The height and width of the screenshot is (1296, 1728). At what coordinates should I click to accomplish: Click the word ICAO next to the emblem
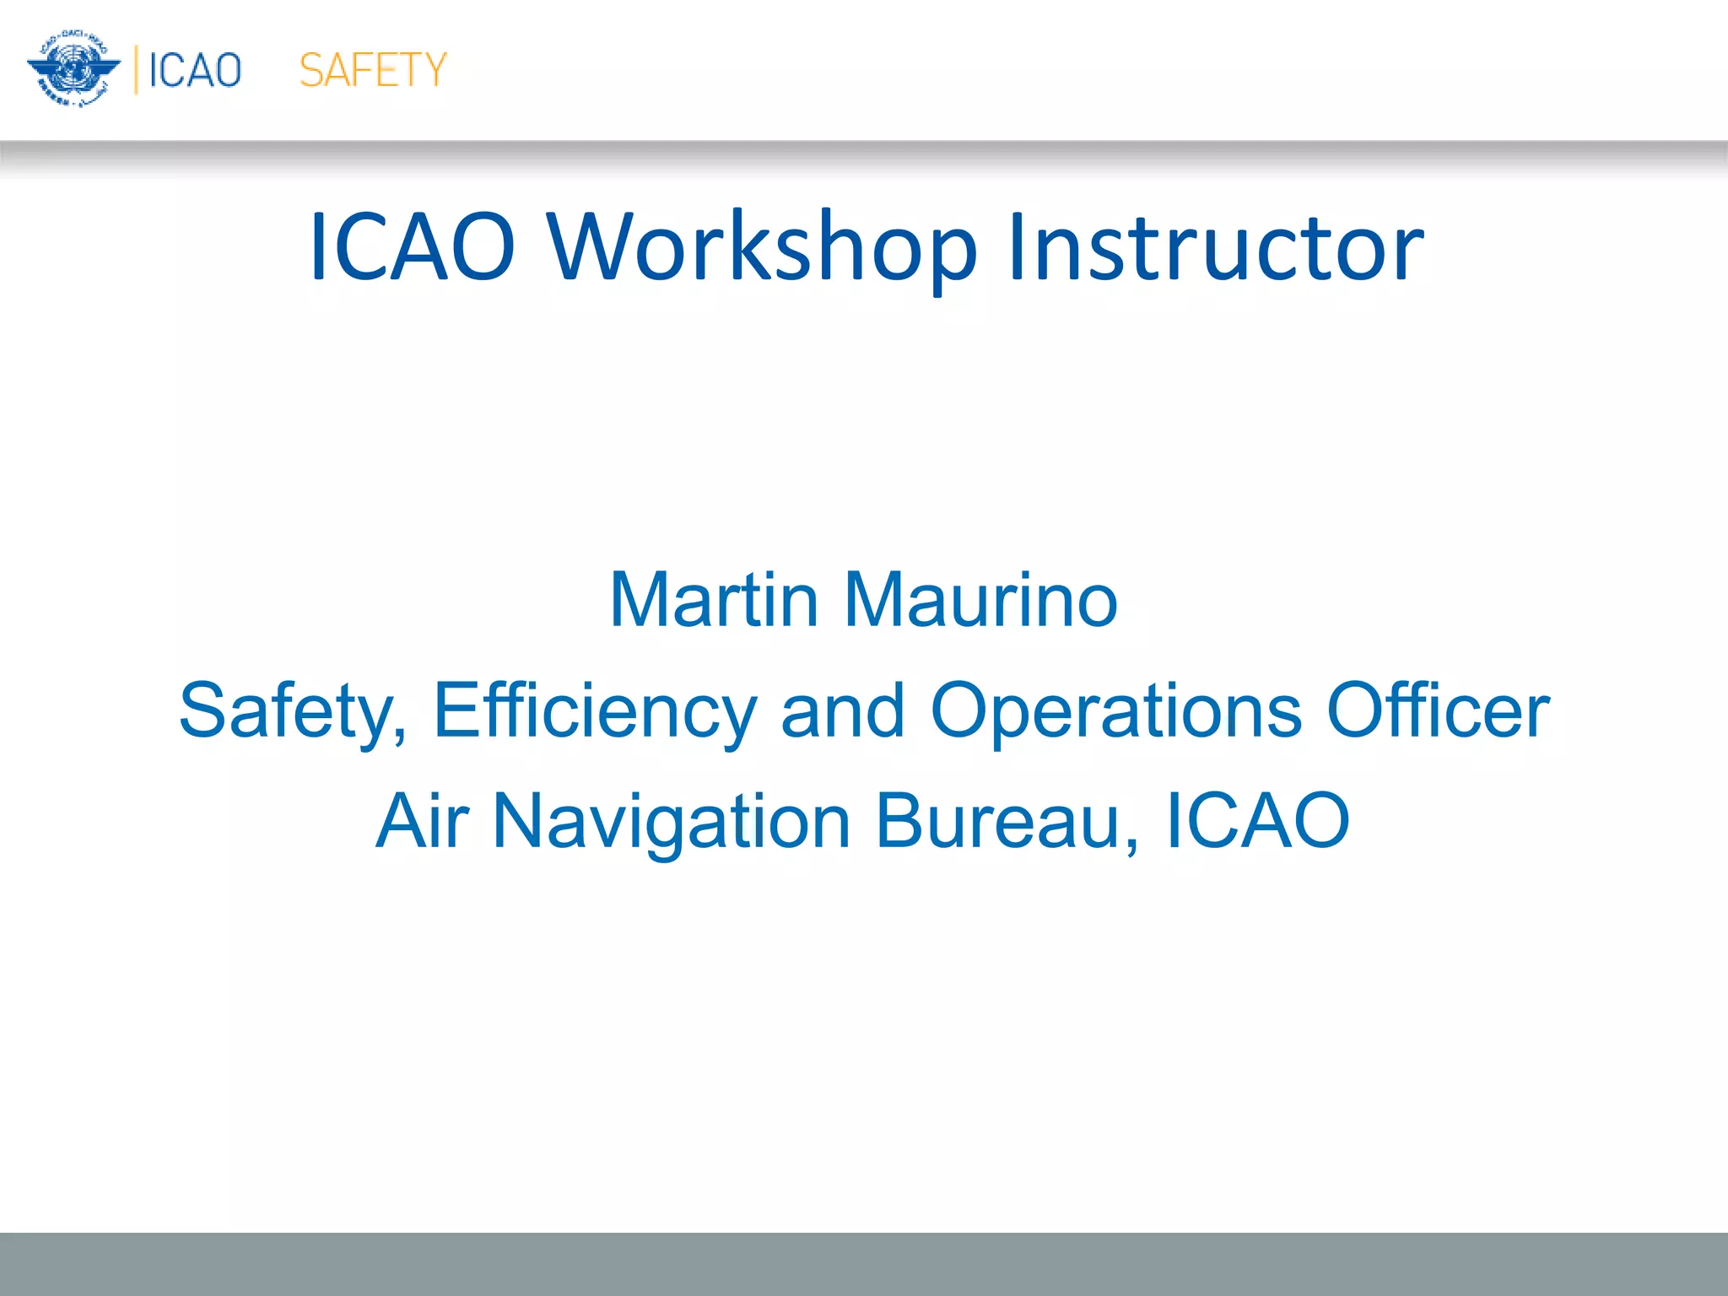195,70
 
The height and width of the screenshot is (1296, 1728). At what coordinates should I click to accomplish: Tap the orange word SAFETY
372,70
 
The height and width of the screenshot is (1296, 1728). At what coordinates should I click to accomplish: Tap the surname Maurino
980,600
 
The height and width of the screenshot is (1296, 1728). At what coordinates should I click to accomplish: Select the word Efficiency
594,711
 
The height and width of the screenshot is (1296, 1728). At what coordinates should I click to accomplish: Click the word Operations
1115,711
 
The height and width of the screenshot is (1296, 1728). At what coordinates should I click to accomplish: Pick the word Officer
1438,711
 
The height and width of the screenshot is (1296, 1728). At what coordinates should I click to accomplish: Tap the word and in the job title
843,711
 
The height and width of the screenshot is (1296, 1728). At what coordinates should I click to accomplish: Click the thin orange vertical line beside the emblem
136,70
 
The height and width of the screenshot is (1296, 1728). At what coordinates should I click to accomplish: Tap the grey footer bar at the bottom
864,1263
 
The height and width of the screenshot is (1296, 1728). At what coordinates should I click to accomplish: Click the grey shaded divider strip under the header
864,157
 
